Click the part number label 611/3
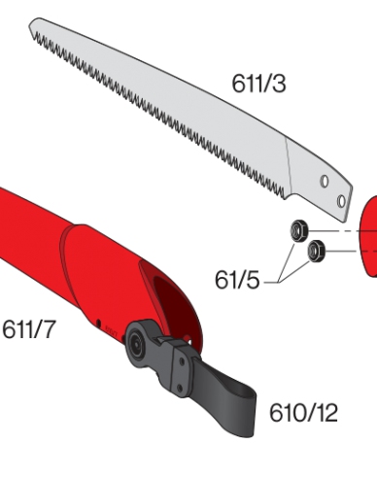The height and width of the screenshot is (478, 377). [x=258, y=84]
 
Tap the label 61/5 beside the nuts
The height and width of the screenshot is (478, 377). [x=238, y=281]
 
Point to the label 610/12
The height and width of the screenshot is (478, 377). [x=303, y=413]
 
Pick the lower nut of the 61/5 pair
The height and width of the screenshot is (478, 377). [x=315, y=252]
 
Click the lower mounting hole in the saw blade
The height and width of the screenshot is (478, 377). [x=340, y=200]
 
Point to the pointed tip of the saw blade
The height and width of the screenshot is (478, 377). [x=32, y=22]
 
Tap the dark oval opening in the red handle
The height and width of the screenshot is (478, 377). [x=160, y=292]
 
